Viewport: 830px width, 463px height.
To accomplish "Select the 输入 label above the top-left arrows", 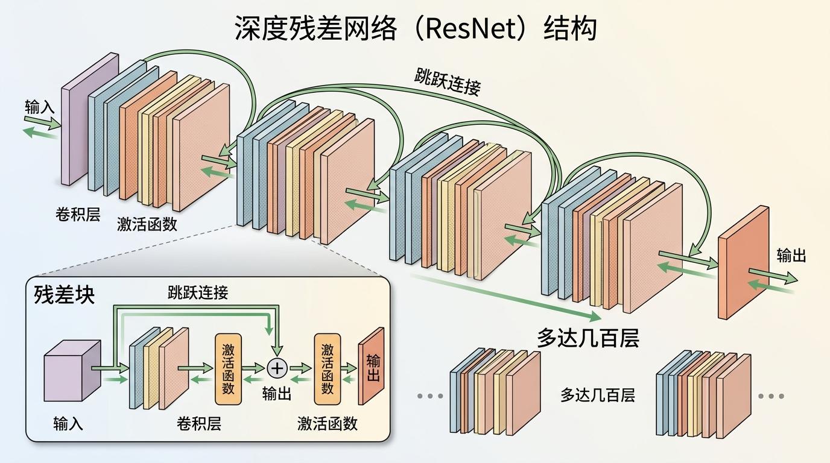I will coord(40,107).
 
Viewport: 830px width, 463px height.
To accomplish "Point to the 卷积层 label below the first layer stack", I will coord(78,214).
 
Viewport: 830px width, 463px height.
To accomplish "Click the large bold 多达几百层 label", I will coord(588,338).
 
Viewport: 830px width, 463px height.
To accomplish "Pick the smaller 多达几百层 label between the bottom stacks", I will coord(597,395).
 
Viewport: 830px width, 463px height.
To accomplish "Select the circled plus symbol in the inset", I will coord(277,367).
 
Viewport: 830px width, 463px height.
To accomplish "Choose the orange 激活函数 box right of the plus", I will coord(328,368).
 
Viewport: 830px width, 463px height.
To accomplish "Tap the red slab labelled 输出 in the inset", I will coord(372,367).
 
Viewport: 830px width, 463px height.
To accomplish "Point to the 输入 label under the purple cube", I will coord(68,423).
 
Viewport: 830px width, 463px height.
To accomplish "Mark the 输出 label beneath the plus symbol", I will coord(277,394).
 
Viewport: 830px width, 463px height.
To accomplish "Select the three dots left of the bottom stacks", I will coord(430,396).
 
